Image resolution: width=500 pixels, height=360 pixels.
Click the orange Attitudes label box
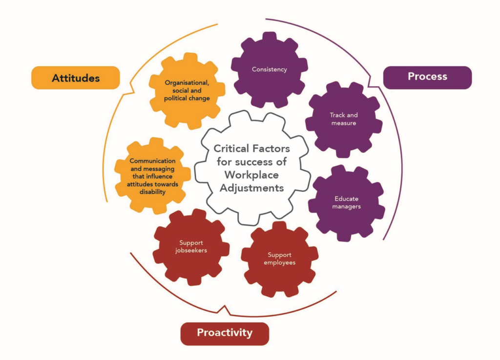(76, 78)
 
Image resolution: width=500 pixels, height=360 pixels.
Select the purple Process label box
(427, 77)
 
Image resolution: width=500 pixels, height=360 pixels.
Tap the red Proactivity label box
(225, 333)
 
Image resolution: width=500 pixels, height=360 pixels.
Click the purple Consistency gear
(269, 69)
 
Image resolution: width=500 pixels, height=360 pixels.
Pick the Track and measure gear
(344, 120)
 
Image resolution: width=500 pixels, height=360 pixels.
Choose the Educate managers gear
(347, 202)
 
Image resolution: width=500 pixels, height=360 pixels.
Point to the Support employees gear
(279, 259)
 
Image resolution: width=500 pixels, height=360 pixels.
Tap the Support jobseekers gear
(191, 247)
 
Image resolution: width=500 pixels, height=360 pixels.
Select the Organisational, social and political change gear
(187, 90)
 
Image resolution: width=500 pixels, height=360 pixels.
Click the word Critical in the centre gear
(231, 149)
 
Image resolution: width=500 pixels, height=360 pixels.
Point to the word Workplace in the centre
(252, 175)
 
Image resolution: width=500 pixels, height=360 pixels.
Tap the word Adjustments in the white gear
(252, 188)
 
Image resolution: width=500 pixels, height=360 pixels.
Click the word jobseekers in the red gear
(191, 251)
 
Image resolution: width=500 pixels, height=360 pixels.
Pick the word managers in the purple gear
(347, 207)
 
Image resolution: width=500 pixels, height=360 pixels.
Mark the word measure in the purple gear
(344, 123)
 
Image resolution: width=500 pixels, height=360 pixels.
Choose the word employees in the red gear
(280, 263)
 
